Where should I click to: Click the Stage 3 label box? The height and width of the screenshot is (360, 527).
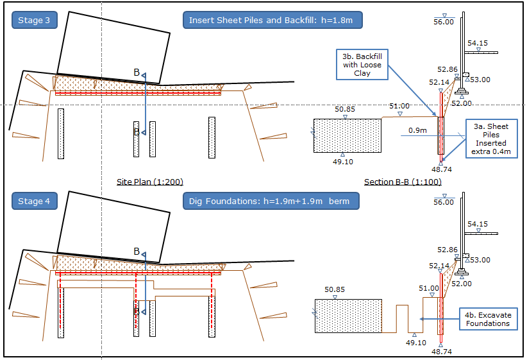tap(35, 21)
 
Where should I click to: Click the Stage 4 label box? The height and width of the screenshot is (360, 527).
tap(35, 201)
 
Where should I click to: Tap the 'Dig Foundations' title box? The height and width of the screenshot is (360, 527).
tap(271, 201)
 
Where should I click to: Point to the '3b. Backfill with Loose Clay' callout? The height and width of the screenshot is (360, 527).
tap(362, 65)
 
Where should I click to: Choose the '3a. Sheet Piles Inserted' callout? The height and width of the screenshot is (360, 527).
tap(492, 139)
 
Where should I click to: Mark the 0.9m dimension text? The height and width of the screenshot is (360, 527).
tap(418, 131)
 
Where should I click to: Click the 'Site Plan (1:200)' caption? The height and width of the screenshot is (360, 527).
tap(145, 182)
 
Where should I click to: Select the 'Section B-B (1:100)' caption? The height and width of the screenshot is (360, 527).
tap(403, 182)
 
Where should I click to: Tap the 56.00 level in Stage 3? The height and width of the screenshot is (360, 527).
tap(444, 22)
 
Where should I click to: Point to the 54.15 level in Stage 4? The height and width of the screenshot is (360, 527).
tap(478, 225)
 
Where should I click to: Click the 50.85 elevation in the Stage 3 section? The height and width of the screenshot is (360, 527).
tap(345, 110)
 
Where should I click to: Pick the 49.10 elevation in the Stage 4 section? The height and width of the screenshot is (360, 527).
tap(416, 343)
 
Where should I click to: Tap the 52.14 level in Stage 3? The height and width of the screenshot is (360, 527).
tap(439, 82)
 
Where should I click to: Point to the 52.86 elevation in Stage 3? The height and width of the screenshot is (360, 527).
tap(448, 69)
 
